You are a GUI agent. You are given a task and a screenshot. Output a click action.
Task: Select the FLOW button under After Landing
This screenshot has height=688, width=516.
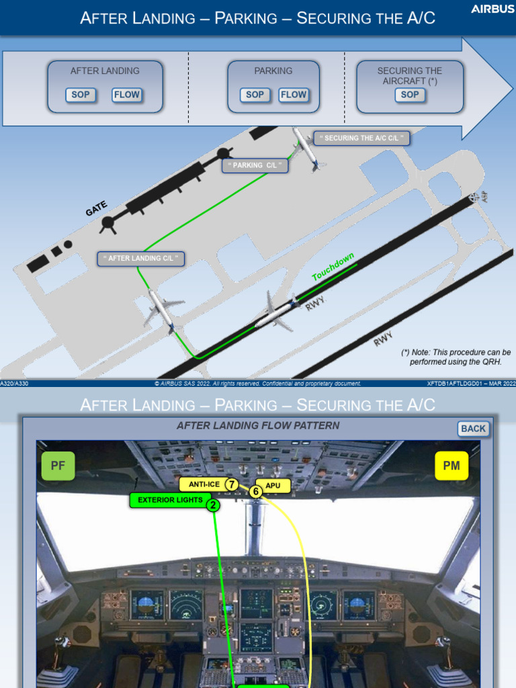pos(126,95)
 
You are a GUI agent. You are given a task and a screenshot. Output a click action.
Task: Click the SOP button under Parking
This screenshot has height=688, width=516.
pos(255,95)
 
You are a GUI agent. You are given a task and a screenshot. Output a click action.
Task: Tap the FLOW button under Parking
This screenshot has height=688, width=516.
pos(293,95)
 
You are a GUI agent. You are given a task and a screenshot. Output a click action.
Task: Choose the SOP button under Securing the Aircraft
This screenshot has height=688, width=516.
pos(409,95)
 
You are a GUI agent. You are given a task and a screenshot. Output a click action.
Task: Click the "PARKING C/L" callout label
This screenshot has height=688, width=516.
pos(257,165)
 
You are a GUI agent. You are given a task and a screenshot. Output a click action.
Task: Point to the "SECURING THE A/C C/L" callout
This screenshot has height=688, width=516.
pos(362,138)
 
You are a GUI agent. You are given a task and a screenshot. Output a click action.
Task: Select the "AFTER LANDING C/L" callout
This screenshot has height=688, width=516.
pos(141,259)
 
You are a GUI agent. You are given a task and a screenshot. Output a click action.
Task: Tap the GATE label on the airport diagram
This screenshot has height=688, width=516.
pos(96,209)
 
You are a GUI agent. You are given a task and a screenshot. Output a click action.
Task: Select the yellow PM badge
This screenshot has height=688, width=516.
pos(451,466)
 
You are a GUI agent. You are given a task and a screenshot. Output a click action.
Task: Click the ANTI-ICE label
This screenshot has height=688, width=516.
pos(204,484)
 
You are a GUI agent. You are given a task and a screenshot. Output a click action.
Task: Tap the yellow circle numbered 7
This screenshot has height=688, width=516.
pos(232,484)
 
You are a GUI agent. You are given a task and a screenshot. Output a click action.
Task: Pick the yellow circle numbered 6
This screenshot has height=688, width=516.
pos(255,492)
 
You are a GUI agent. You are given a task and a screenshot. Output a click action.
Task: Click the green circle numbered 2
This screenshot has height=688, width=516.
pos(213,505)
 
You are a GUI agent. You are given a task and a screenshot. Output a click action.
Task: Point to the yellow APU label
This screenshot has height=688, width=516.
pos(273,484)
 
